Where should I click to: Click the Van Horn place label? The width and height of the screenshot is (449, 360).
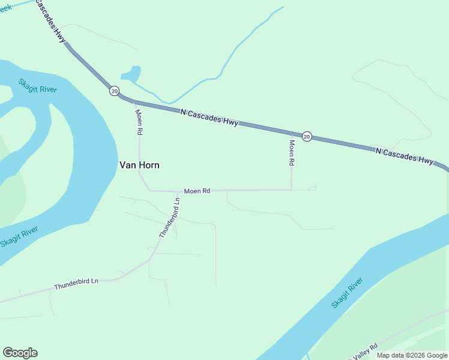(139, 165)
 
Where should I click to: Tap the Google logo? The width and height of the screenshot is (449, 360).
(20, 353)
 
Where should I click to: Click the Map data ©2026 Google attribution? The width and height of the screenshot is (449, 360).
(412, 355)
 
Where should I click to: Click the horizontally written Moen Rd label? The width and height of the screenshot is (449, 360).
(197, 191)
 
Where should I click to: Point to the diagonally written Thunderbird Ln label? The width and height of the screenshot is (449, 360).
(170, 218)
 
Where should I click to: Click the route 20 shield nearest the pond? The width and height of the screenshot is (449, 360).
(114, 91)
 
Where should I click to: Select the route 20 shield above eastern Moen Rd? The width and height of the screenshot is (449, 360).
(307, 136)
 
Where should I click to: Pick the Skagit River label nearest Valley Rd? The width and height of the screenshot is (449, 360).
(348, 293)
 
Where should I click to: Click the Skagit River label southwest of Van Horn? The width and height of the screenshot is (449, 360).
(19, 236)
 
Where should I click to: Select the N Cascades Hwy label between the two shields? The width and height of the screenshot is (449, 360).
(209, 117)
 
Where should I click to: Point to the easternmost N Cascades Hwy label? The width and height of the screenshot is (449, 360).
(404, 156)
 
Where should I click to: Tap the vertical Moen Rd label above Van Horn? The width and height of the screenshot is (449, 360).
(139, 122)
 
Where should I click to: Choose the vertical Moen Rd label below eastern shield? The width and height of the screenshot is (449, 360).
(292, 153)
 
